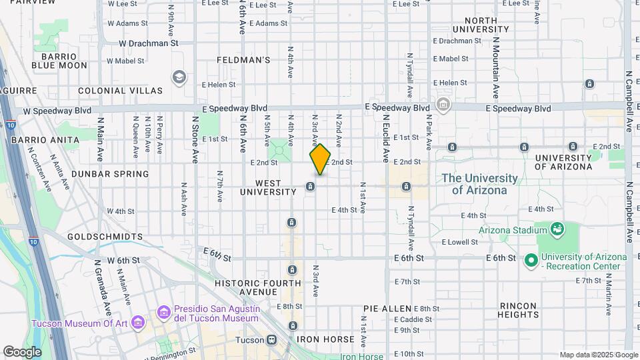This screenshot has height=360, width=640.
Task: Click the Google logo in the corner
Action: tap(22, 351)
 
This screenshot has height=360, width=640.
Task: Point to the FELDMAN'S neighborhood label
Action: tap(243, 60)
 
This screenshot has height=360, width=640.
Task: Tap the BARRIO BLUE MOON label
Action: tap(59, 61)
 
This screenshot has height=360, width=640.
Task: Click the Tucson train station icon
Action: tap(271, 339)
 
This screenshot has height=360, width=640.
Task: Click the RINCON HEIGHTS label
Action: tap(518, 310)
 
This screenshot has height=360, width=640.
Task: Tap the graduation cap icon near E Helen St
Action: tap(179, 77)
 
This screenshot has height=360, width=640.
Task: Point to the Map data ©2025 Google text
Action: tap(597, 355)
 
